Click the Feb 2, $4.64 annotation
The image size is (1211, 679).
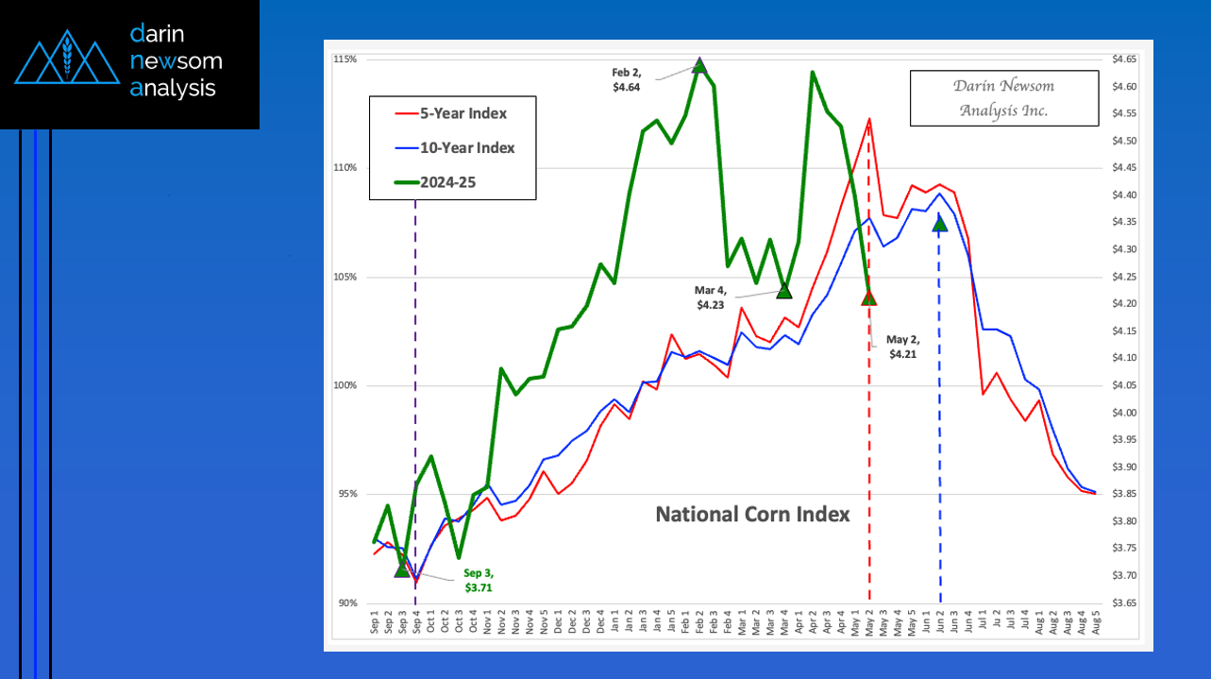pos(627,79)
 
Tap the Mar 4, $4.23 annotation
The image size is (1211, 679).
pos(711,298)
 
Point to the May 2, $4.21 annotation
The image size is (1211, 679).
pos(902,348)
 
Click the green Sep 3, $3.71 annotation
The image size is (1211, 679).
pos(479,581)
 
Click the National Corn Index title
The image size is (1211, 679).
pos(752,515)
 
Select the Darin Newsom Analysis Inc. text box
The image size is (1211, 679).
pos(1003,98)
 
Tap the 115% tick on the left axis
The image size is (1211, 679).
pos(345,59)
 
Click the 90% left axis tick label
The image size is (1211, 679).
pos(346,603)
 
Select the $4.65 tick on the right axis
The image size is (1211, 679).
pos(1125,59)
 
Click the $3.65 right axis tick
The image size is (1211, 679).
pos(1125,603)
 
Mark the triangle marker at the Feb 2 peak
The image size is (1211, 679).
pos(699,65)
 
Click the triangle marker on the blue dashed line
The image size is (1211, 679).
pos(939,223)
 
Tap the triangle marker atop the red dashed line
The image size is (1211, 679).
pos(868,298)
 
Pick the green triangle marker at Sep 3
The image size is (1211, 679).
pos(402,569)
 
